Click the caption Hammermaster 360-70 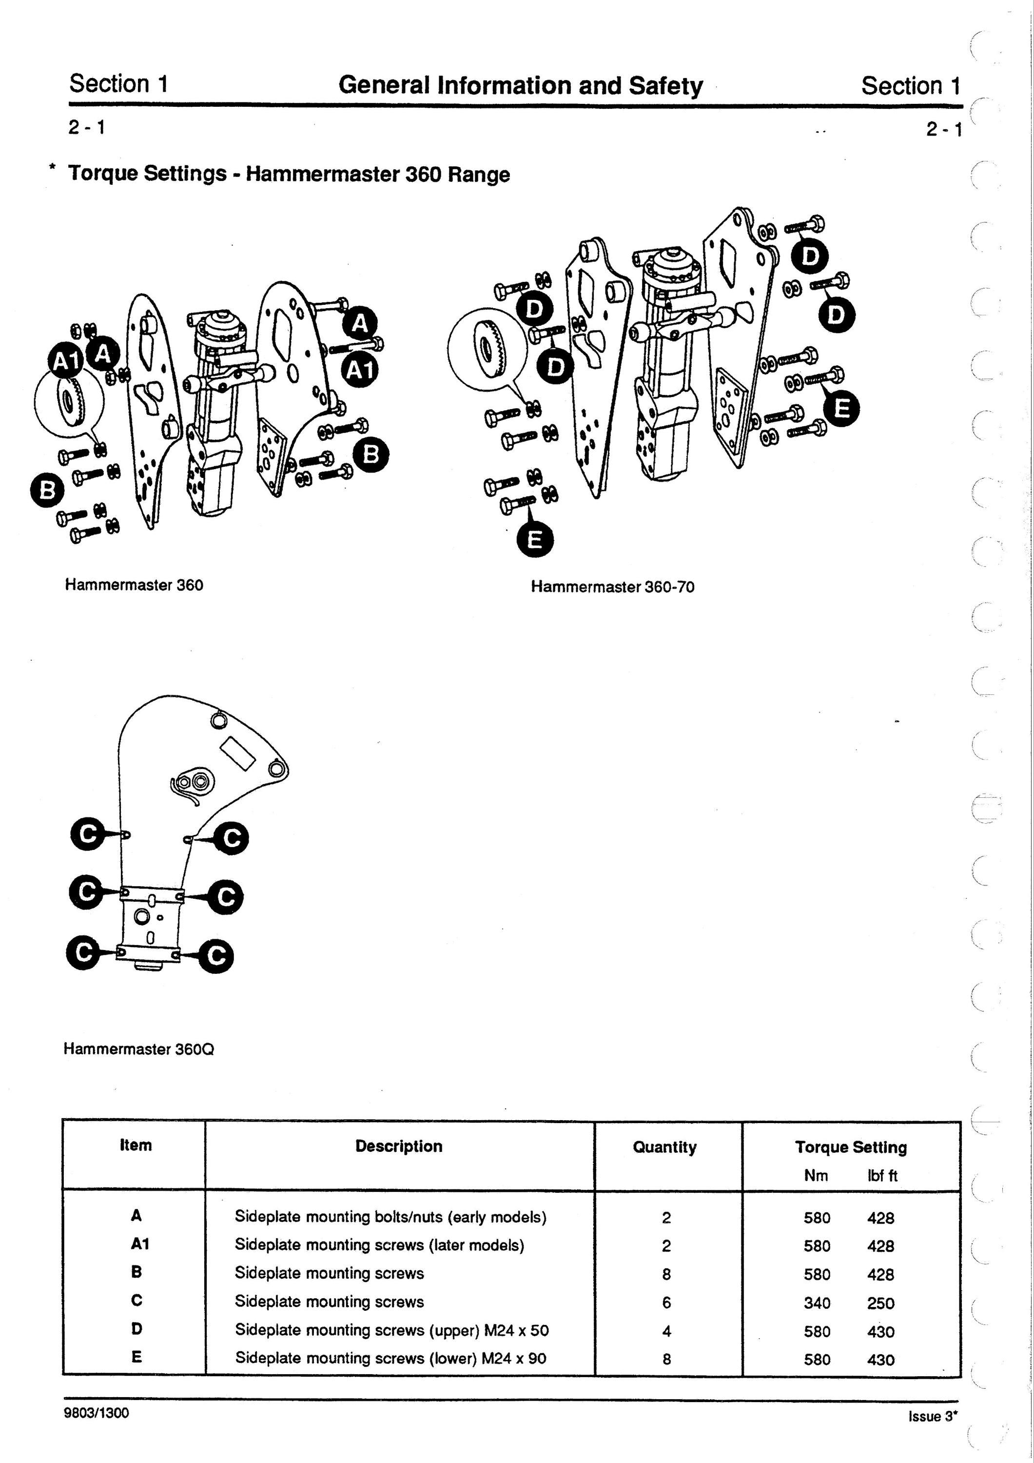612,586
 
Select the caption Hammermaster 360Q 139,1049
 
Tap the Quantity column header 664,1147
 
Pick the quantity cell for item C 666,1303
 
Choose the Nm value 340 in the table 817,1303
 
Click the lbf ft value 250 880,1303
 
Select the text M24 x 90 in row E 513,1358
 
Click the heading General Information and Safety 521,85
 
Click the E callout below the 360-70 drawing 534,540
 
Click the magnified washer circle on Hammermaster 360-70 488,345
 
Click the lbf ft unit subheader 882,1176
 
